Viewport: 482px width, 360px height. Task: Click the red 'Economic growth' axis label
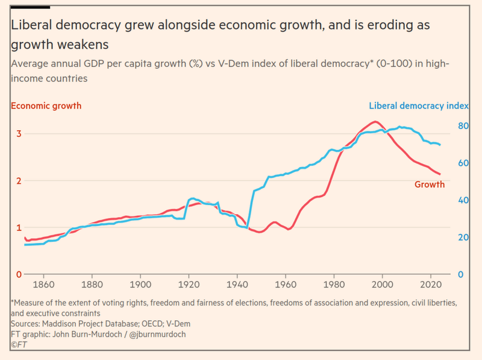[x=46, y=106]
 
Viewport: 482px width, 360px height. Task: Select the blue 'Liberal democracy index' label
[x=419, y=106]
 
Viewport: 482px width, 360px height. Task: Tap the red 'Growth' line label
[x=429, y=185]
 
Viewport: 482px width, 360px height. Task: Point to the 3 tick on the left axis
[x=19, y=134]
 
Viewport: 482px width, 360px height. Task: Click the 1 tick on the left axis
[x=19, y=227]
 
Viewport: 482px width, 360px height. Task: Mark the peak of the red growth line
[x=375, y=122]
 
